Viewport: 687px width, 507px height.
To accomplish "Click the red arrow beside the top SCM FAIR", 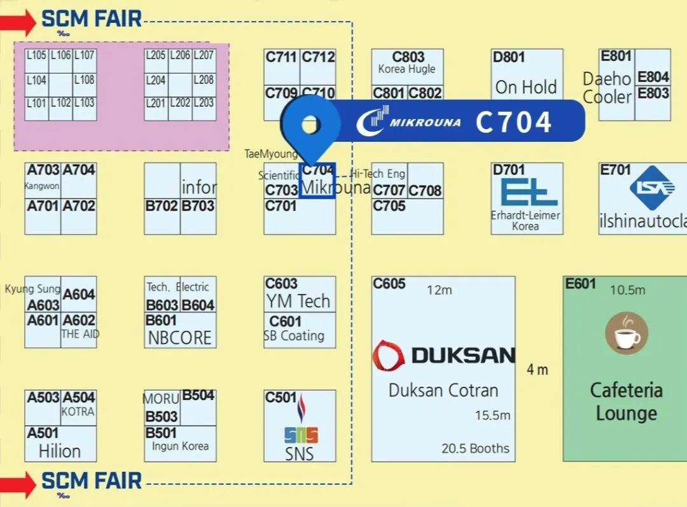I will tap(18, 23).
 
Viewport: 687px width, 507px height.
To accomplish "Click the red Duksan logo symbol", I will tap(388, 355).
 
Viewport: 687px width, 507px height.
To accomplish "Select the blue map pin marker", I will tap(310, 127).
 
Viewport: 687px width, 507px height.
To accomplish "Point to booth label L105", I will tap(36, 56).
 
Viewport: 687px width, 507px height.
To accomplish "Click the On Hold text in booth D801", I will tap(526, 87).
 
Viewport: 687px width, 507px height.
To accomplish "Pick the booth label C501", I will tap(281, 398).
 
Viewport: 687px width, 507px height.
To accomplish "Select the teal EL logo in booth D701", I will tap(525, 193).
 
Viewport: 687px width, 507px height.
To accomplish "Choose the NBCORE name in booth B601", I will tap(179, 338).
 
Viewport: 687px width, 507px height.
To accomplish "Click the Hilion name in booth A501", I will tap(60, 452).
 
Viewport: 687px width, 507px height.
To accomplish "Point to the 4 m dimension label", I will tap(538, 370).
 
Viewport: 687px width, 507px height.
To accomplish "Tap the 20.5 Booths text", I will tap(475, 448).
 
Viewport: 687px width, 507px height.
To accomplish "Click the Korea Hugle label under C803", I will tap(407, 69).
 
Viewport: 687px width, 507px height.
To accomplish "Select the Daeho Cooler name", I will tap(607, 88).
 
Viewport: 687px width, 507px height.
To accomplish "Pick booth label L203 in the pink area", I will tap(204, 103).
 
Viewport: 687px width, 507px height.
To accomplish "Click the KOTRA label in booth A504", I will tap(78, 412).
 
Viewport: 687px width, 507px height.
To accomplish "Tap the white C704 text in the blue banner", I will tap(513, 122).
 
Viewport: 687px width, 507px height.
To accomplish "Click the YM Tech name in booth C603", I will tap(298, 301).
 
